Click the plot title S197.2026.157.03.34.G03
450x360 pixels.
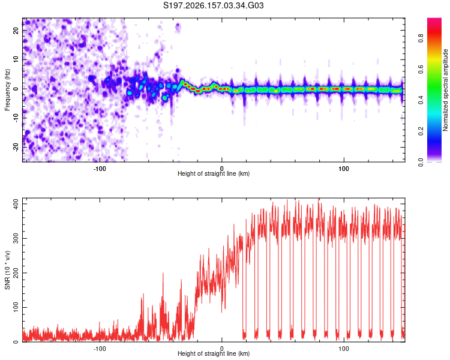click(x=213, y=5)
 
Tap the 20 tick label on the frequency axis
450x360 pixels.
click(x=16, y=31)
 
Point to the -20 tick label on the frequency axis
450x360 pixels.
click(x=16, y=148)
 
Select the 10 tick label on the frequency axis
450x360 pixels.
click(x=16, y=60)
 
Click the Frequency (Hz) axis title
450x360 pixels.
click(x=7, y=90)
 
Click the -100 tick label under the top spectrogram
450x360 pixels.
click(x=100, y=169)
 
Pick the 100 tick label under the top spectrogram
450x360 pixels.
click(x=344, y=169)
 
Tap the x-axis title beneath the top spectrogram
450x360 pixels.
click(x=214, y=173)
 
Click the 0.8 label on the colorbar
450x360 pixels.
click(x=421, y=38)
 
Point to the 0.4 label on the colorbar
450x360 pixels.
click(x=421, y=100)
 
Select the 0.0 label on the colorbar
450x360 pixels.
click(x=421, y=163)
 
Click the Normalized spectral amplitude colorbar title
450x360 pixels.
click(x=445, y=90)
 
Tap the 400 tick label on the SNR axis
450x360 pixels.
click(x=16, y=204)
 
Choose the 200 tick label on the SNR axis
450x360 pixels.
click(x=16, y=273)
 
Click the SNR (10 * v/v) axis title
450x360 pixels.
click(x=7, y=270)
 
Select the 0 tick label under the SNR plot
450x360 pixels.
click(x=221, y=349)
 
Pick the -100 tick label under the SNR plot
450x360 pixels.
click(x=100, y=349)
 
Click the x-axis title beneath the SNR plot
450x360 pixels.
click(x=214, y=353)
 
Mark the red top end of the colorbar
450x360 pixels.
click(x=434, y=19)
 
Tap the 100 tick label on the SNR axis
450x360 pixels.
click(x=16, y=307)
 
